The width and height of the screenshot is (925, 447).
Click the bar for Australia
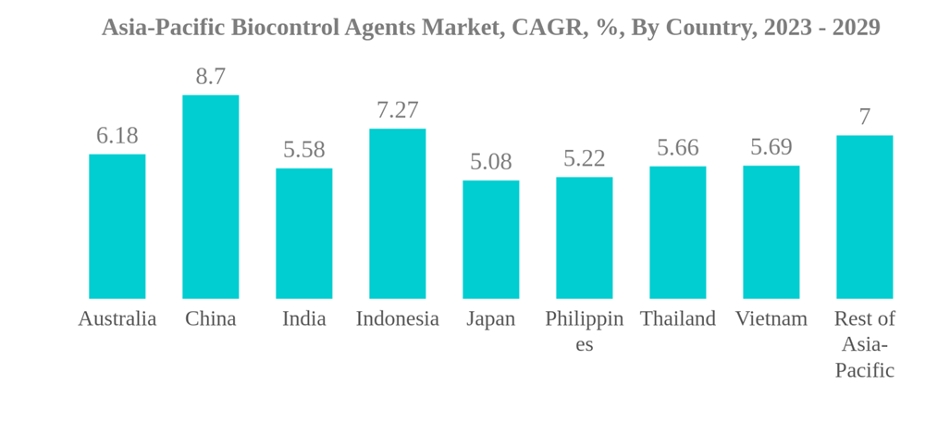point(117,227)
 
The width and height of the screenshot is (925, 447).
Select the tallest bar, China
point(210,197)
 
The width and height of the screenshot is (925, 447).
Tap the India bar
point(303,233)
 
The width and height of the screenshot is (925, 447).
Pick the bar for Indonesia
point(397,214)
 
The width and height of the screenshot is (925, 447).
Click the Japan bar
point(490,240)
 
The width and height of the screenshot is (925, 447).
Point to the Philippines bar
point(584,238)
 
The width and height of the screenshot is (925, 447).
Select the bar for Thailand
point(677,232)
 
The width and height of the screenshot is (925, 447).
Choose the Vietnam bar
point(771,232)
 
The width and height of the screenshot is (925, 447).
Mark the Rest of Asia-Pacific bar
point(864,217)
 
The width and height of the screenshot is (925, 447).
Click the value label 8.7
point(210,77)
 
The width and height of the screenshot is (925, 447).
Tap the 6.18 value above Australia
point(117,136)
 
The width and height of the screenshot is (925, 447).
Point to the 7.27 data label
point(397,110)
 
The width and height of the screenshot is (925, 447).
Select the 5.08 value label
point(490,162)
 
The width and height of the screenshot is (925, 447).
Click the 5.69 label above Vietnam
point(771,147)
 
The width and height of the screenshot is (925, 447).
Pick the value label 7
point(864,118)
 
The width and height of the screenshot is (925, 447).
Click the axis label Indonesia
point(397,319)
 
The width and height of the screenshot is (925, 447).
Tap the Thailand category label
point(677,319)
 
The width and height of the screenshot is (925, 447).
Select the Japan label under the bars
point(490,319)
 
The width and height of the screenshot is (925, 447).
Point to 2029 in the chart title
point(856,28)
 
